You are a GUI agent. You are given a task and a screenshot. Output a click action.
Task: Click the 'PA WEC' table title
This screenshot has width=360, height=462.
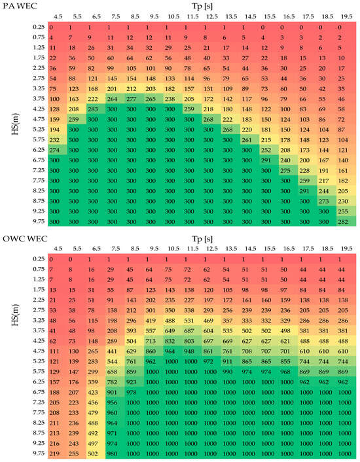pos(18,6)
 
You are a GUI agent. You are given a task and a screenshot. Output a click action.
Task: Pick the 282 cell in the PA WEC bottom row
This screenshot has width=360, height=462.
pos(344,222)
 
